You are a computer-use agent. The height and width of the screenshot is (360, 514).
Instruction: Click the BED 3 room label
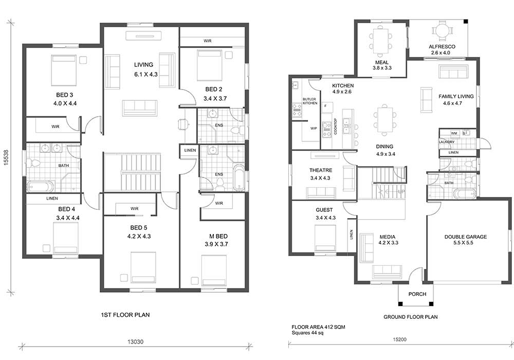pos(65,95)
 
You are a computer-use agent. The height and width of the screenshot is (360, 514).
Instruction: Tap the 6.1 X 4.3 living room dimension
pos(146,75)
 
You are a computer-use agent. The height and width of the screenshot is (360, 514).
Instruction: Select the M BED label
pos(218,237)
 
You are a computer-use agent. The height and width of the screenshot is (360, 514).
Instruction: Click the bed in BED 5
pos(143,267)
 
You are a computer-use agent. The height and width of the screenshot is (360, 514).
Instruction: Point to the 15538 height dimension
pos(6,158)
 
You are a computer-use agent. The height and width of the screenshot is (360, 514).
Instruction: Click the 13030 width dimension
pos(135,341)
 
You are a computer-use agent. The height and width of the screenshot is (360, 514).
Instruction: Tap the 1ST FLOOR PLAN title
pos(125,315)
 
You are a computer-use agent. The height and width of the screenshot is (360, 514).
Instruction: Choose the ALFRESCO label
pos(442,47)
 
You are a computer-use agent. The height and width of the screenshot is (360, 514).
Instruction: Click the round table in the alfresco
pos(442,30)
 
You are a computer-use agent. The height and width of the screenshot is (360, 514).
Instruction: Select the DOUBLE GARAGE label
pos(466,237)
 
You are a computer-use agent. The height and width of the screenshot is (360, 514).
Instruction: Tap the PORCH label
pos(417,294)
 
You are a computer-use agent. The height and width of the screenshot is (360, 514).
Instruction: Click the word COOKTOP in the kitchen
pos(335,126)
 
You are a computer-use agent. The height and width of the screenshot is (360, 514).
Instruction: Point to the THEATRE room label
pos(321,170)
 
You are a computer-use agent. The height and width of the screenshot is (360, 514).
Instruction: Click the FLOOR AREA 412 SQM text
pos(318,327)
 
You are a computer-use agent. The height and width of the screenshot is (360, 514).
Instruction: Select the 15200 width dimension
pos(399,339)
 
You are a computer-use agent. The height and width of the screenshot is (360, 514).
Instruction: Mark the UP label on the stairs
pos(401,191)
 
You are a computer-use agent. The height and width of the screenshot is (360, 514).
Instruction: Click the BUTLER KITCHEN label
pos(310,101)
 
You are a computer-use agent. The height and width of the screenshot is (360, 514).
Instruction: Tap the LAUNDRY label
pos(447,142)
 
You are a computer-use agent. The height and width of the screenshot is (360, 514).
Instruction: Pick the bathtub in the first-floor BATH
pos(40,187)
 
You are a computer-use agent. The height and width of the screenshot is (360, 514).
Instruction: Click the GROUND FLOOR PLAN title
pos(410,317)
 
